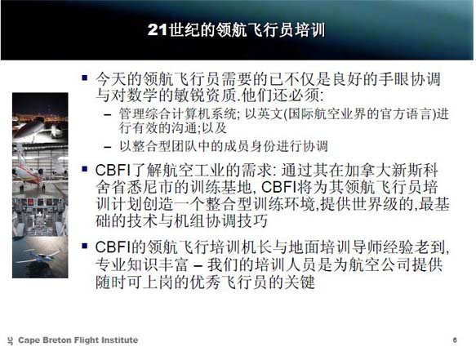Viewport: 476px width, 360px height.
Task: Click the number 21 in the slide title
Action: pyautogui.click(x=158, y=30)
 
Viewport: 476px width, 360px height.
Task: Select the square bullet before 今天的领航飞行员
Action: pyautogui.click(x=85, y=78)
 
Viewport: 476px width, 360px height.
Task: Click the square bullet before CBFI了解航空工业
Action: pyautogui.click(x=85, y=169)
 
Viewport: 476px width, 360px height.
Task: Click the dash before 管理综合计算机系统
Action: pyautogui.click(x=108, y=115)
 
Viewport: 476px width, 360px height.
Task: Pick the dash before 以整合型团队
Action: pyautogui.click(x=108, y=148)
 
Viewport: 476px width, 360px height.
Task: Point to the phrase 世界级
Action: pyautogui.click(x=376, y=204)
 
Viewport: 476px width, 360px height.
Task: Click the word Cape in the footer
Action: pyautogui.click(x=29, y=340)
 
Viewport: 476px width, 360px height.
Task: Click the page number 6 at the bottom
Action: pyautogui.click(x=455, y=340)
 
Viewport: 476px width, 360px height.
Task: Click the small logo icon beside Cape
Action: pyautogui.click(x=11, y=341)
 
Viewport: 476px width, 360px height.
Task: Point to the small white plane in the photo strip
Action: pyautogui.click(x=39, y=256)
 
